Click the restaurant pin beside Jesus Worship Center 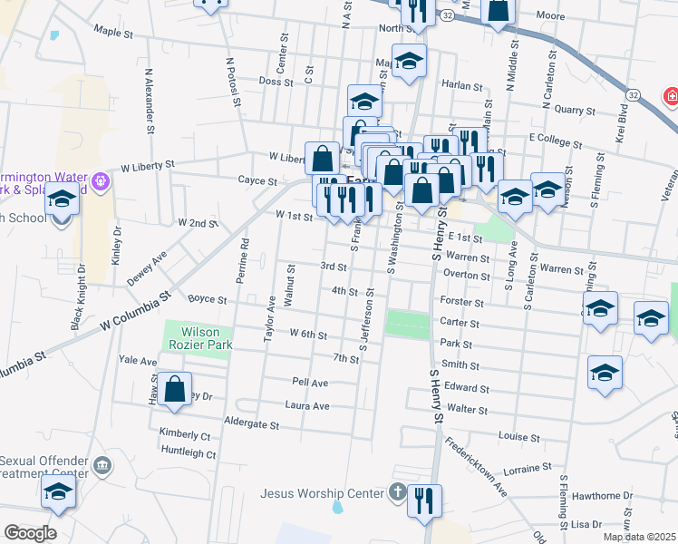coord(424,501)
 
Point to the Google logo coord(30,532)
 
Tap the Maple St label coord(113,32)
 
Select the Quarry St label coord(576,111)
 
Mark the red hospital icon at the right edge coord(672,95)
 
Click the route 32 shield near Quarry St coord(633,93)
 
